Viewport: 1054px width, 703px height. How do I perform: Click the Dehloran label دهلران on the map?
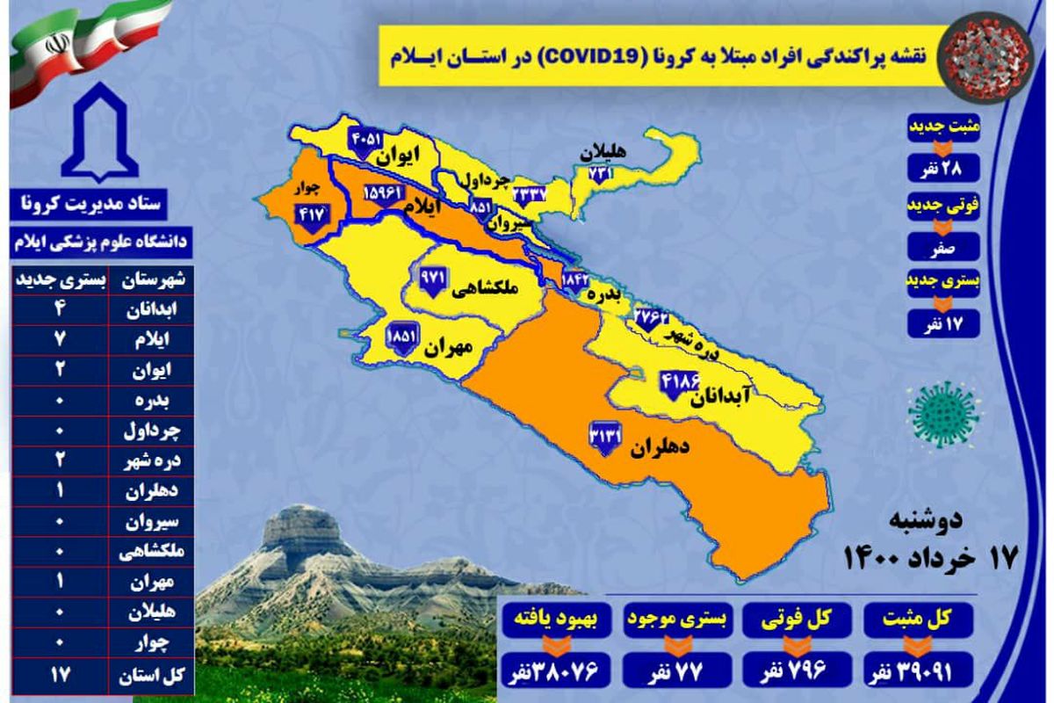tap(659, 447)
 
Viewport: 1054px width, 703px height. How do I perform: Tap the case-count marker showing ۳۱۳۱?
tap(605, 438)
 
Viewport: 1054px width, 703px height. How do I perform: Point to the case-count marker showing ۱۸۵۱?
tap(403, 337)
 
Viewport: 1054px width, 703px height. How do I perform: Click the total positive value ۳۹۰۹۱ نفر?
tap(919, 673)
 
